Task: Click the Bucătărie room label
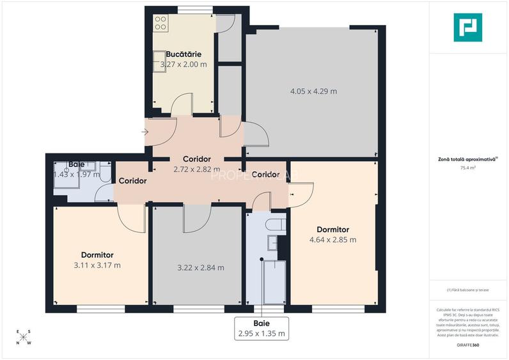(x=185, y=55)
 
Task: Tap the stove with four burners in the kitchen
(x=160, y=24)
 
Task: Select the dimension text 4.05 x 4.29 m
(x=313, y=91)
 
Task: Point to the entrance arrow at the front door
(x=145, y=132)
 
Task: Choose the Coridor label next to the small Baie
(x=132, y=181)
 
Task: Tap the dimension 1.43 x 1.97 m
(x=77, y=174)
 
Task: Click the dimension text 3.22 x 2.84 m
(x=200, y=267)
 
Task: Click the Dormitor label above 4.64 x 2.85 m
(x=333, y=229)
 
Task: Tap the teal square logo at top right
(x=468, y=27)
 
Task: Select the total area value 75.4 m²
(x=469, y=168)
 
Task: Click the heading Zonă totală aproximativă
(x=468, y=159)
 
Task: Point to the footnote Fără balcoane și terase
(x=468, y=290)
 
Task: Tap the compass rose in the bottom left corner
(x=24, y=337)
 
